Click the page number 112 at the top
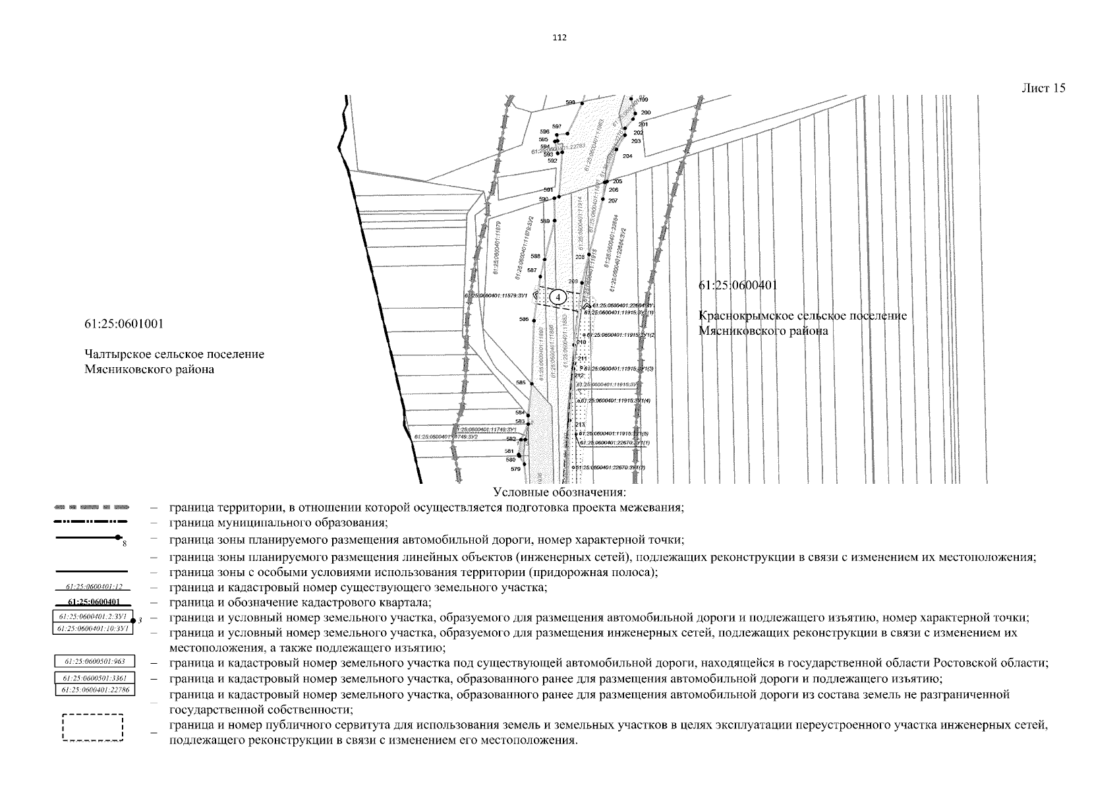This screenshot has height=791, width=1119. tap(559, 38)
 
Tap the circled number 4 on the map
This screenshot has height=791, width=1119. tap(558, 298)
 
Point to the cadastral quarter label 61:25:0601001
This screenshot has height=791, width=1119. tap(124, 324)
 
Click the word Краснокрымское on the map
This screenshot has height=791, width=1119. tap(743, 316)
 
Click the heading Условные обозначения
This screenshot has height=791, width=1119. tap(559, 492)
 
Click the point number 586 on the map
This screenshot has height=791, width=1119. tap(524, 320)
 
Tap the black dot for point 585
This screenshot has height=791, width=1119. tap(532, 384)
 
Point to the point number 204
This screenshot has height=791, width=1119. tap(627, 156)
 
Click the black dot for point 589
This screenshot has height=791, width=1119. tap(555, 221)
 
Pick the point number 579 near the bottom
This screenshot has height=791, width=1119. tap(515, 469)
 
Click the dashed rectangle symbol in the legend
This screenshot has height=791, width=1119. tap(93, 728)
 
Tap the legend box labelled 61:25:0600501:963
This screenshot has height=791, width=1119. tap(93, 661)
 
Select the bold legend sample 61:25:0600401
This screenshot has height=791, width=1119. tap(93, 602)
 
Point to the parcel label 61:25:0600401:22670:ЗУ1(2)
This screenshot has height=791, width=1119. tap(610, 467)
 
